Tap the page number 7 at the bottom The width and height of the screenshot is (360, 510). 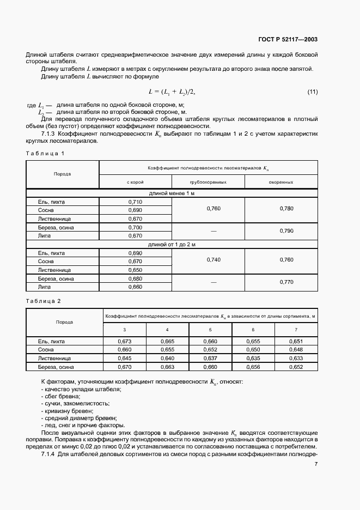pos(316,464)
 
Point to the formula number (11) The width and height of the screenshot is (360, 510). pos(312,91)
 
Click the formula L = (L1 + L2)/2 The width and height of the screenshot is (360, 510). pos(172,91)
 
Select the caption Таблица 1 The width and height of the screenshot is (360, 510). pos(45,154)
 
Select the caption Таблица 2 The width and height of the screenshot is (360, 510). pos(45,301)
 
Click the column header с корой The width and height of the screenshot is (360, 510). pos(135,182)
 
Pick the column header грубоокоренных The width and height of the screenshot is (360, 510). pos(208,182)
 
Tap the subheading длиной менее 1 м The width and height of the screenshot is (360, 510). pos(172,194)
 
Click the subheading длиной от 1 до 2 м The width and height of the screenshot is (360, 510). pos(172,245)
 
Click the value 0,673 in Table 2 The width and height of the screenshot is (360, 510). pos(124,341)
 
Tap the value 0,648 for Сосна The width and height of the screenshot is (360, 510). pos(296,350)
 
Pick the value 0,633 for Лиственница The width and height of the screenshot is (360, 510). pos(296,359)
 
